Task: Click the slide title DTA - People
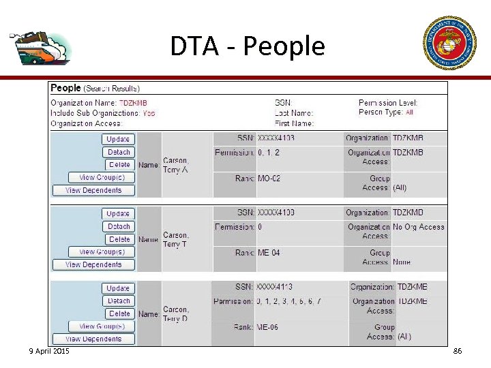coord(247,46)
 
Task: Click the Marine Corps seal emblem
coord(449,42)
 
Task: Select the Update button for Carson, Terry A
coord(118,139)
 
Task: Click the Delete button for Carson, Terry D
coord(119,313)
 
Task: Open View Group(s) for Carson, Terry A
coord(97,177)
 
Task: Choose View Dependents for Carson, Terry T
coord(93,264)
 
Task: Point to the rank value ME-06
coord(267,327)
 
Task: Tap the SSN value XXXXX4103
coord(276,138)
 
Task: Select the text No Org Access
coord(419,227)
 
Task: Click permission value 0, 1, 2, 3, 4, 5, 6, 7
coord(288,301)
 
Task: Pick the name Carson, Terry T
coord(175,240)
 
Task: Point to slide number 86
coord(457,351)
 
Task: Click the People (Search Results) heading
coord(95,88)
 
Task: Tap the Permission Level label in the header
coord(387,103)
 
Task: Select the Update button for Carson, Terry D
coord(118,288)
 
